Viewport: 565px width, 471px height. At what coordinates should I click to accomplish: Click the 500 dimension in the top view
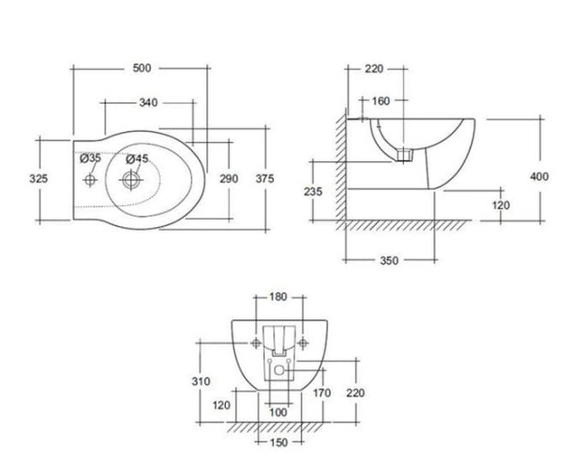tap(141, 68)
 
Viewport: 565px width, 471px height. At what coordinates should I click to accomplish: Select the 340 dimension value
tap(148, 103)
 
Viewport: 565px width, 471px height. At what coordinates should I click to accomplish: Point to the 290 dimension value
tap(229, 178)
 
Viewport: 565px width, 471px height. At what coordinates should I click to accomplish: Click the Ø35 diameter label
tap(90, 158)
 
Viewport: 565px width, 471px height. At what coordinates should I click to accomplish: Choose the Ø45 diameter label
tap(137, 159)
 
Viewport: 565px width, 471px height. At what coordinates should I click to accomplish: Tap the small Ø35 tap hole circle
tap(91, 178)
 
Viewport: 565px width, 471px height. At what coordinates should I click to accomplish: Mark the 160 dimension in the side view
tap(380, 102)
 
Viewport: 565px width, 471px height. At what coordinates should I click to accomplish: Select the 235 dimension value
tap(314, 191)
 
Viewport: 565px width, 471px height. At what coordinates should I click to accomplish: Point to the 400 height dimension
tap(540, 176)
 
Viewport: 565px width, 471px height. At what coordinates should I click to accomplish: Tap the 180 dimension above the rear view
tap(279, 297)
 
